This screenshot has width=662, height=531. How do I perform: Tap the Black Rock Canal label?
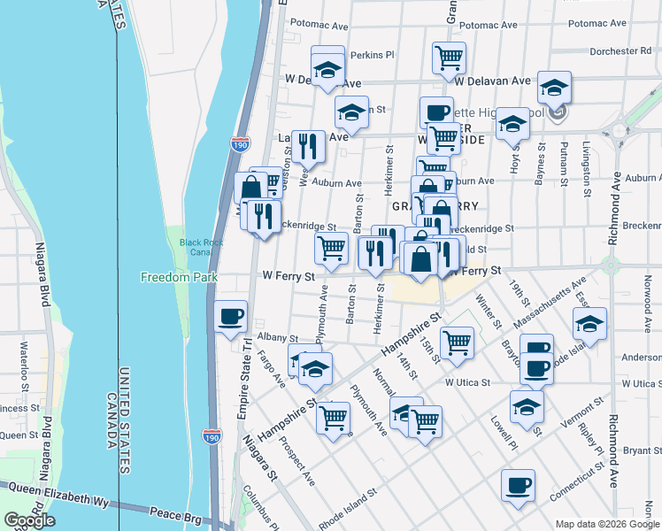[x=197, y=247]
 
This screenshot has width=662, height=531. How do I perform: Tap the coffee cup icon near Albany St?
[x=231, y=316]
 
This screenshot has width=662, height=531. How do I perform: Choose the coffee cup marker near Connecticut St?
[x=518, y=484]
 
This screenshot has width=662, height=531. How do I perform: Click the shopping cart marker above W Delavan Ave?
[x=449, y=58]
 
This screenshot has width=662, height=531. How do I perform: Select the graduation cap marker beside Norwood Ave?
[x=589, y=323]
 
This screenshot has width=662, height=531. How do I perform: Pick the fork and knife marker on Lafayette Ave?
[x=307, y=146]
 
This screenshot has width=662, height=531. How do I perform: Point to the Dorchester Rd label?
[x=620, y=51]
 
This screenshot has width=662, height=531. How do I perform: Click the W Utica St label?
[x=467, y=382]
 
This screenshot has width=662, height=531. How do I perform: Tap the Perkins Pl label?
[x=372, y=55]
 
